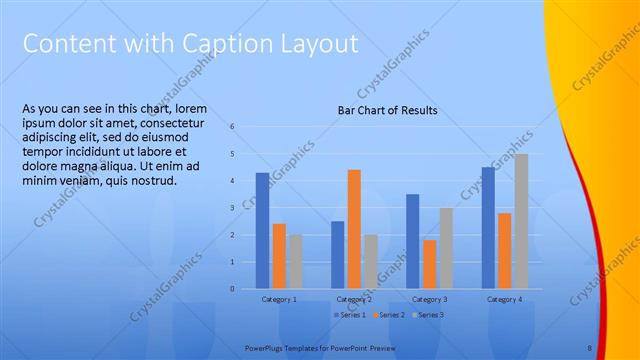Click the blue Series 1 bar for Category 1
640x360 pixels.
click(262, 231)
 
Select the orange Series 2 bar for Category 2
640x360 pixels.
click(354, 229)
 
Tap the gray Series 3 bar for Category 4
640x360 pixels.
click(521, 221)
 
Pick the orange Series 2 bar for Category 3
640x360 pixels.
click(429, 264)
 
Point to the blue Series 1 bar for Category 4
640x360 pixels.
click(488, 228)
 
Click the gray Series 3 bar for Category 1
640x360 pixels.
click(295, 262)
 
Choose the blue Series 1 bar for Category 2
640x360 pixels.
click(338, 255)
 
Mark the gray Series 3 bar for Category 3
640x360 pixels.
click(446, 248)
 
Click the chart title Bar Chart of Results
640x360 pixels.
click(387, 110)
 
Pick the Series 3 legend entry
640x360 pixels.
click(430, 315)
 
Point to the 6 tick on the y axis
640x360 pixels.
click(232, 127)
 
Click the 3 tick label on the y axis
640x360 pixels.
click(232, 208)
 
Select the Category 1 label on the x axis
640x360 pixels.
click(279, 299)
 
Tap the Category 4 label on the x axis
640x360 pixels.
click(504, 299)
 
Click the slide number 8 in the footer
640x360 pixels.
click(589, 347)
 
